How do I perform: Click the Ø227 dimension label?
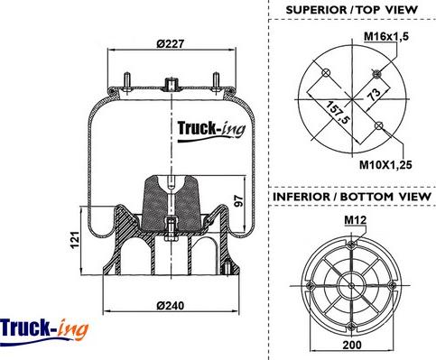[170, 44]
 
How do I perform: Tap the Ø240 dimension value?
[170, 306]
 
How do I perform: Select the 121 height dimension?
[75, 240]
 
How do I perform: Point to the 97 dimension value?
[238, 201]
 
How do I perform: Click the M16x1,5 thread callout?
[386, 37]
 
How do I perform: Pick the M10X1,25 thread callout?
[385, 165]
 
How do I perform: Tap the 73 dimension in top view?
[374, 95]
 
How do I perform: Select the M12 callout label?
[356, 220]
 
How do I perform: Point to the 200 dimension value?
[352, 345]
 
